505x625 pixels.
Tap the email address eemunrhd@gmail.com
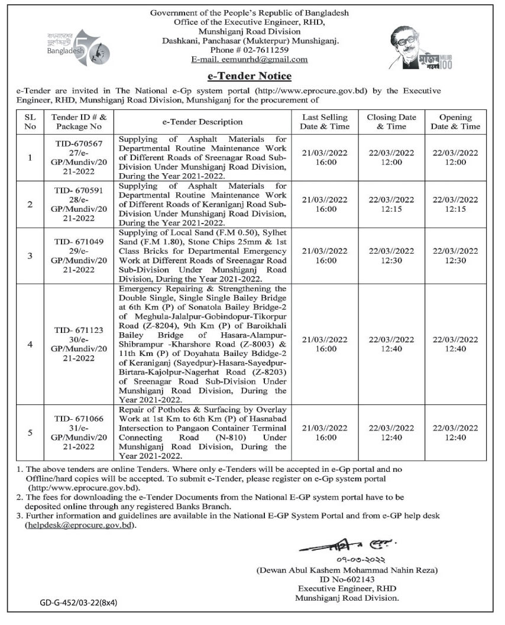click(249, 60)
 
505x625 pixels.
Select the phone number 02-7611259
click(260, 50)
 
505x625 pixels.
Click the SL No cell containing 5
click(31, 433)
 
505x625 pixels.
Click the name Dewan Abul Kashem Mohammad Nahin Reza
click(347, 570)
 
